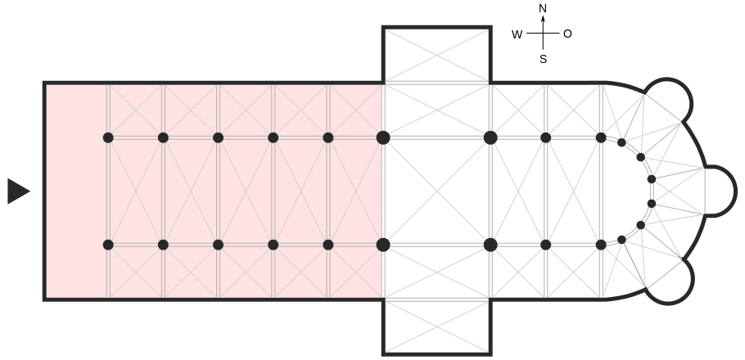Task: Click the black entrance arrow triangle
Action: click(17, 191)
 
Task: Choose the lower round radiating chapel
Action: click(669, 281)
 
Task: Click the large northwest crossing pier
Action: click(383, 137)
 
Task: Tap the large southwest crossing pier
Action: click(383, 245)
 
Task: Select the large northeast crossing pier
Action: click(490, 137)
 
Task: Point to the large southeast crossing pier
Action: click(490, 245)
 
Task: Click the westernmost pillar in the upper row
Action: click(108, 137)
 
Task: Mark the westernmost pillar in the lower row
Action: click(108, 245)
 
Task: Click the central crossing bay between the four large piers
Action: click(436, 191)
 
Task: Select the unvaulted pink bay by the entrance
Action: click(76, 191)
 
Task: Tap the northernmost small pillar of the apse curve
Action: click(621, 142)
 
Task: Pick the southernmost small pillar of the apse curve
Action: click(621, 240)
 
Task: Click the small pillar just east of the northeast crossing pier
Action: click(546, 137)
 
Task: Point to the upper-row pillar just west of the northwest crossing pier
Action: click(328, 137)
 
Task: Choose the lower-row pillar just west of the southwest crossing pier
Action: click(328, 245)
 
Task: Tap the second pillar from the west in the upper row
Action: click(163, 137)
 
